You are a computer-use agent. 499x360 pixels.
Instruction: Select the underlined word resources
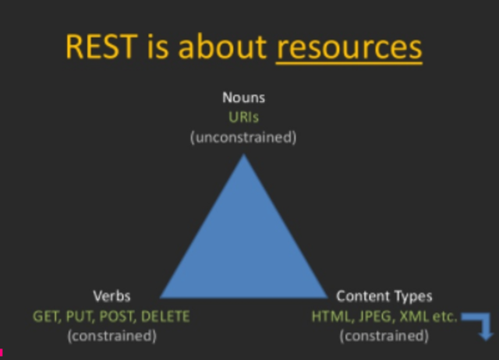(349, 47)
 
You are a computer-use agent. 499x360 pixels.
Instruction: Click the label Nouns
(243, 99)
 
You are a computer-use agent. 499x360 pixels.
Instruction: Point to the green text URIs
(243, 117)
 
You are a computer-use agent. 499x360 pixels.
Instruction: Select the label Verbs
(111, 296)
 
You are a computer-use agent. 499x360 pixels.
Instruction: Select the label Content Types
(384, 296)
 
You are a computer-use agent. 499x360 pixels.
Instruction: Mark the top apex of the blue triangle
(244, 155)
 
